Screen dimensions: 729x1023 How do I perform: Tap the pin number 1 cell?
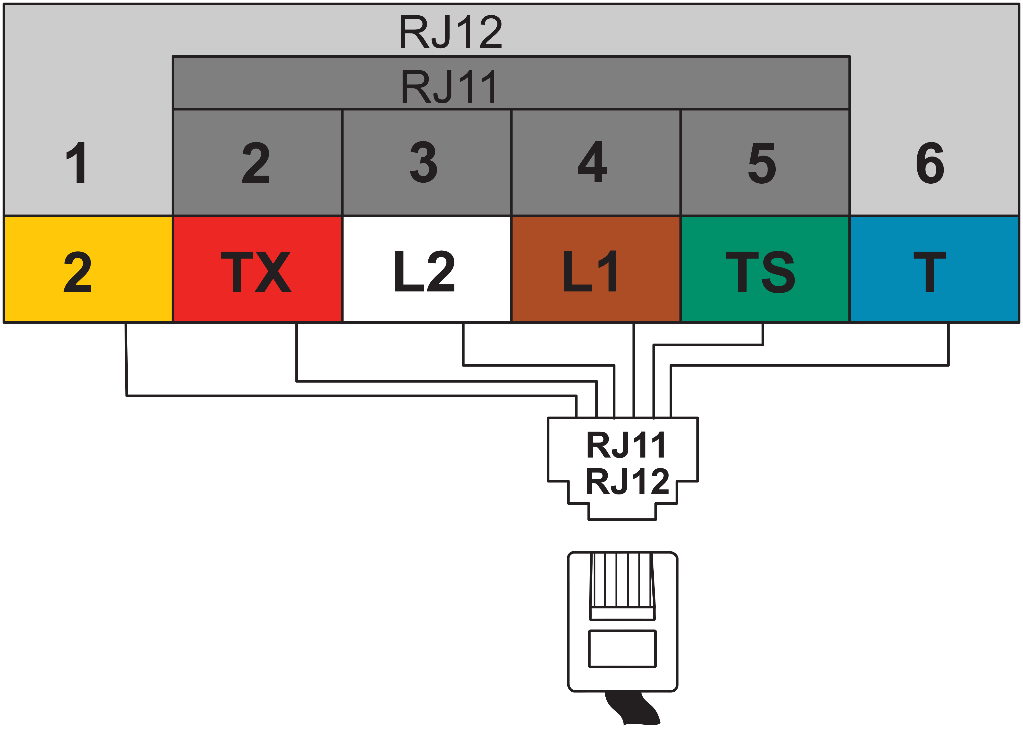77,162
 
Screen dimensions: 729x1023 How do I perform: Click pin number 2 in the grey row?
256,162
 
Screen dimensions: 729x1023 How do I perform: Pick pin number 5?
762,162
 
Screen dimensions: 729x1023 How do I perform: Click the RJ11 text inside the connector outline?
626,444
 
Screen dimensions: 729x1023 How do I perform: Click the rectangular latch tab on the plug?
622,649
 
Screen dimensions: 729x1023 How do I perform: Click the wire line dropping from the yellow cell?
126,359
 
